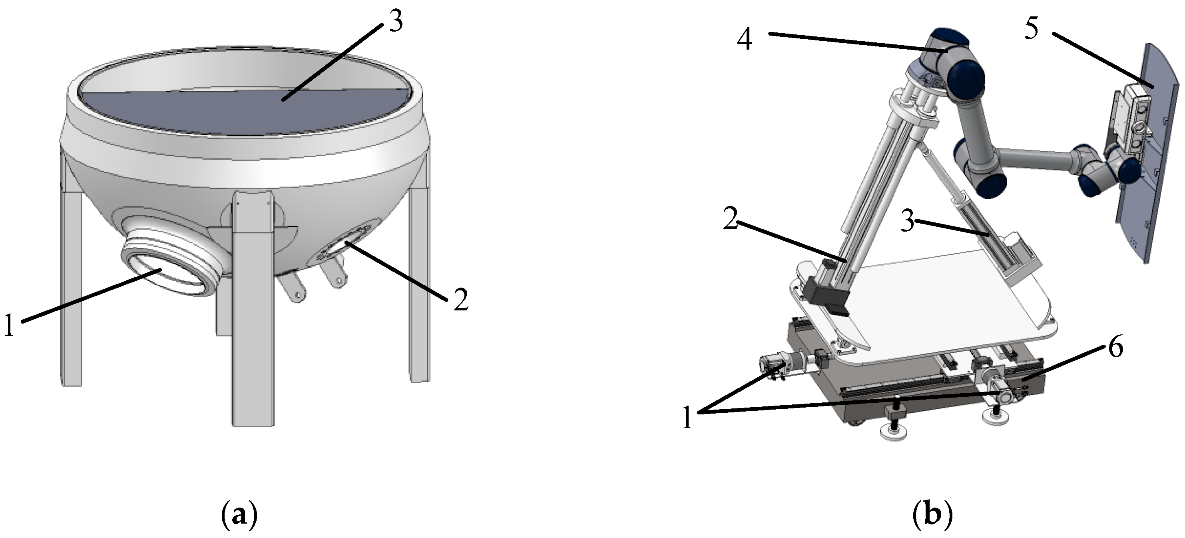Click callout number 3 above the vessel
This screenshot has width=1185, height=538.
(395, 22)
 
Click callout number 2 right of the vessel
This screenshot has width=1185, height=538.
(460, 300)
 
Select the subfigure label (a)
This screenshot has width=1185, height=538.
(239, 516)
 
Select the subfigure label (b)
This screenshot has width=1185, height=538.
(932, 516)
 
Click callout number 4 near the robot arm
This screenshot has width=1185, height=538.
(745, 40)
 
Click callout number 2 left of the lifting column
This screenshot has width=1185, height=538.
(731, 220)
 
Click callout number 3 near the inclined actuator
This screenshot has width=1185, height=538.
(907, 223)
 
